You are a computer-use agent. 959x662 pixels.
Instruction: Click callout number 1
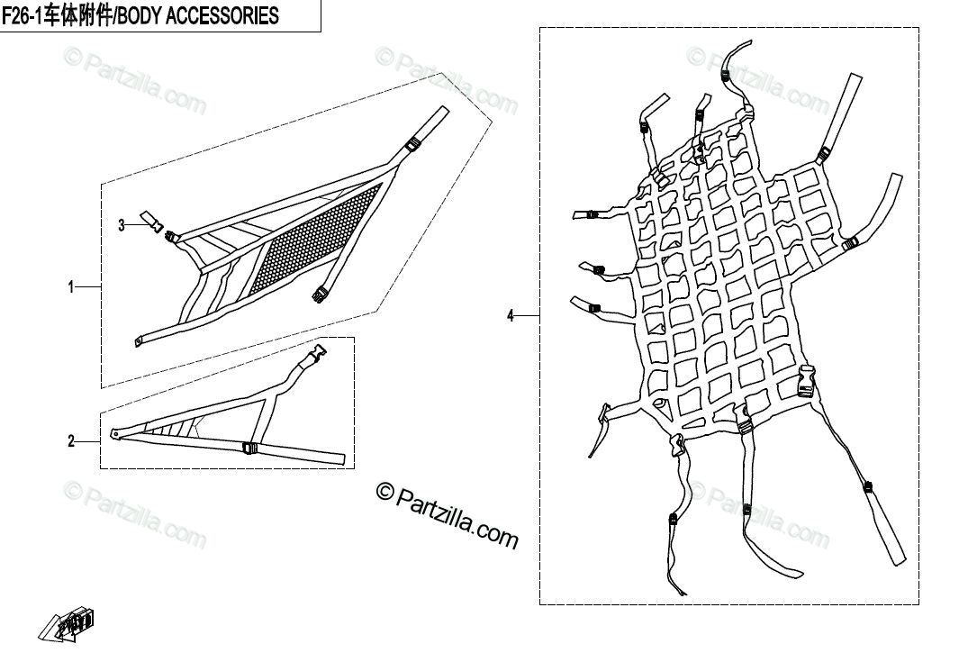tap(71, 287)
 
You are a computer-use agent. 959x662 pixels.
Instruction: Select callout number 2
tap(71, 441)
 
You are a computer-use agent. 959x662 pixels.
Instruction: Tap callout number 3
tap(122, 224)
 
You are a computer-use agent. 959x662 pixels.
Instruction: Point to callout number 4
tap(511, 315)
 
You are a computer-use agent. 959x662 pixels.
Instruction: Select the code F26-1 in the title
tap(23, 16)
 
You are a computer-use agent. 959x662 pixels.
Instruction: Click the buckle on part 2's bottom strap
tap(249, 448)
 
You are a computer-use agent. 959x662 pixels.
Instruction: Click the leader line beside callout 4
tap(527, 315)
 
